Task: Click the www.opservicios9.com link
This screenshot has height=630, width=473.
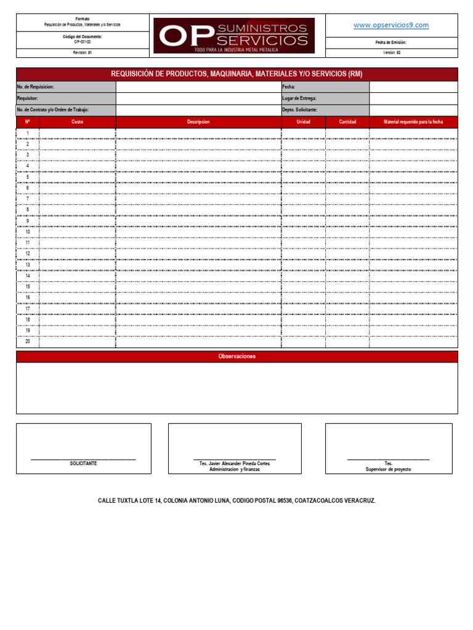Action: [391, 25]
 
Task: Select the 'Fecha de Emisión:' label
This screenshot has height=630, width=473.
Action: [391, 42]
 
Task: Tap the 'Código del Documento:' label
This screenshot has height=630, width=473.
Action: [83, 37]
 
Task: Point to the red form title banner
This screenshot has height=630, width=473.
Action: [236, 74]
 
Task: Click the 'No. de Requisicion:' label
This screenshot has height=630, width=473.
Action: [36, 87]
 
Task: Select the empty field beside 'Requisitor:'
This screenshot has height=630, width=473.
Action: [198, 98]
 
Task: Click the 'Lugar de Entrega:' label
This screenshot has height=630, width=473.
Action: [299, 98]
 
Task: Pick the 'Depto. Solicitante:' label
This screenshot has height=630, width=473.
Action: [300, 110]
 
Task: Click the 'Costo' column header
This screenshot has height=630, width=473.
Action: [77, 122]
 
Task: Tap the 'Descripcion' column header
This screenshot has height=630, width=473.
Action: [198, 122]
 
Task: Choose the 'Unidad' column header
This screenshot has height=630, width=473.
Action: [303, 122]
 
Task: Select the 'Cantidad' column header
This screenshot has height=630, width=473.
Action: [347, 122]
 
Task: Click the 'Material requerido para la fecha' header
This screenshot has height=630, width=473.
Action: [413, 122]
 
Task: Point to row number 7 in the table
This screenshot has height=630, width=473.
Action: [27, 199]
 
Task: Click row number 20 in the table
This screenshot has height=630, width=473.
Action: [27, 341]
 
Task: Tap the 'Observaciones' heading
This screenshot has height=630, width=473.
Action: [236, 357]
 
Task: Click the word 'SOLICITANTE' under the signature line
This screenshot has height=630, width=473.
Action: [83, 463]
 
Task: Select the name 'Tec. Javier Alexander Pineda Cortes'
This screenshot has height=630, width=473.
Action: [235, 463]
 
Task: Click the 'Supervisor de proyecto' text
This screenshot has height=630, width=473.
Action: [388, 469]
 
